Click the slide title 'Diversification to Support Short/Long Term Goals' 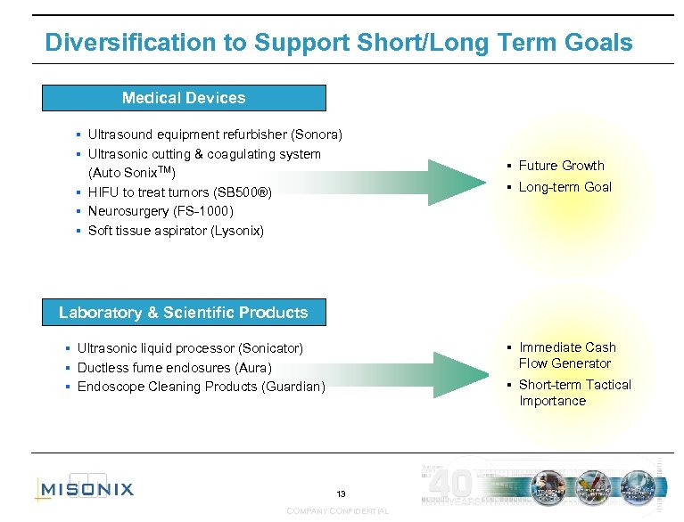tap(338, 42)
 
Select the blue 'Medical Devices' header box tap(184, 98)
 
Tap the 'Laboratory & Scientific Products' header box tap(184, 313)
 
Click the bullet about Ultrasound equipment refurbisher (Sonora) tap(214, 135)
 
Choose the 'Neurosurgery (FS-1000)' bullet tap(160, 211)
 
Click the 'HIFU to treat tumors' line tap(178, 192)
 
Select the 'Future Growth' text tap(561, 166)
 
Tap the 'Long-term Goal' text tap(565, 187)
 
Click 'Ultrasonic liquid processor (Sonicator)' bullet tap(190, 348)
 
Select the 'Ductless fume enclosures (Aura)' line tap(174, 368)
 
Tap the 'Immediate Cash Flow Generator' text tap(567, 355)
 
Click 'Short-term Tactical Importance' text tap(574, 393)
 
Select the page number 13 tap(341, 493)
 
